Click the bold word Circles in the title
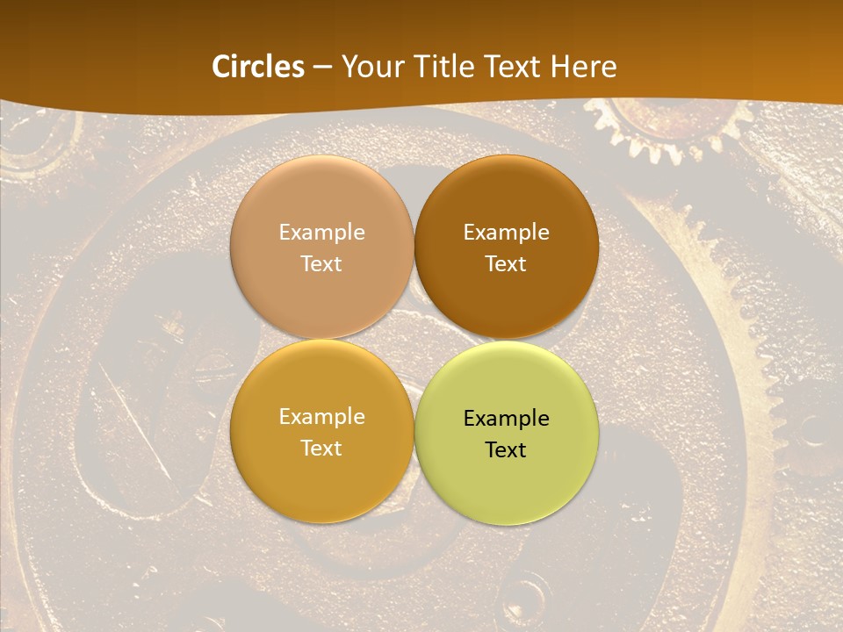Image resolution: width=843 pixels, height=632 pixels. [x=258, y=67]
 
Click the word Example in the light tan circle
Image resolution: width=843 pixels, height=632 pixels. [x=321, y=233]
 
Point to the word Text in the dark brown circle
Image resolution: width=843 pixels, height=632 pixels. [x=506, y=264]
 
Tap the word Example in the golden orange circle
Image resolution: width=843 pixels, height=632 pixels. [x=321, y=417]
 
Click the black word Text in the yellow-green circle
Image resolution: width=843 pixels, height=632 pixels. [x=506, y=450]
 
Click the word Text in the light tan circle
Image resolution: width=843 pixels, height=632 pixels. [x=321, y=264]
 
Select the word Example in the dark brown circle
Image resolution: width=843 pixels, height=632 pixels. [x=506, y=233]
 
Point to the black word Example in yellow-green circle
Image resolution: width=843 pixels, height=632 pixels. [x=506, y=419]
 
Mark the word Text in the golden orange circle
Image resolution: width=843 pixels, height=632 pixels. [x=321, y=449]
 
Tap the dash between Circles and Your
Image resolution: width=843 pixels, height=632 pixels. [x=322, y=68]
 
